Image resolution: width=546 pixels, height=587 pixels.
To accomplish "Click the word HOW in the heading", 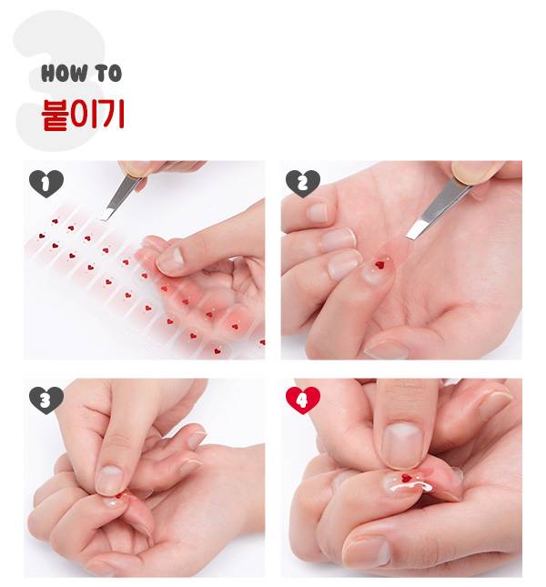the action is (x=64, y=73).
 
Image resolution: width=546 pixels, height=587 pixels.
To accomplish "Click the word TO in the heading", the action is (x=107, y=73).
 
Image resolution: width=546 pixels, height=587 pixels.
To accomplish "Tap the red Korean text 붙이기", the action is (x=82, y=115).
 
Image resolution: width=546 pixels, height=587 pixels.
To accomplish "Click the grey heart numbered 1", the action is (x=46, y=184).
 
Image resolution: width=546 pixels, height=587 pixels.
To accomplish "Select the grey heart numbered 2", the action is (x=303, y=184).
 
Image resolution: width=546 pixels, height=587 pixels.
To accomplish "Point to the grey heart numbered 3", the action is (x=46, y=400).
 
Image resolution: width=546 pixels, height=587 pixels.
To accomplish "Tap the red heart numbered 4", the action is (x=303, y=400).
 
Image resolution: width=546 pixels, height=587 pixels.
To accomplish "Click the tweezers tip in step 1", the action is (x=104, y=218).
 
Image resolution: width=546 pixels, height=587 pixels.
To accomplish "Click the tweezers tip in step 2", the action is (x=410, y=236).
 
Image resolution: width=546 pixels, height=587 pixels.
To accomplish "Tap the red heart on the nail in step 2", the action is (x=380, y=265).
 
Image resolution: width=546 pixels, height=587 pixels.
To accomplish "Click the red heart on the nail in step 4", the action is (x=406, y=478).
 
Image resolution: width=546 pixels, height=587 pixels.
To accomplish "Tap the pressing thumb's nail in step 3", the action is (x=109, y=481).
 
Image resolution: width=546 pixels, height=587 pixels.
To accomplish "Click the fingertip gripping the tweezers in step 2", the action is (x=474, y=171).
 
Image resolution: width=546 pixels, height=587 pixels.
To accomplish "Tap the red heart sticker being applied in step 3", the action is (x=119, y=496).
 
